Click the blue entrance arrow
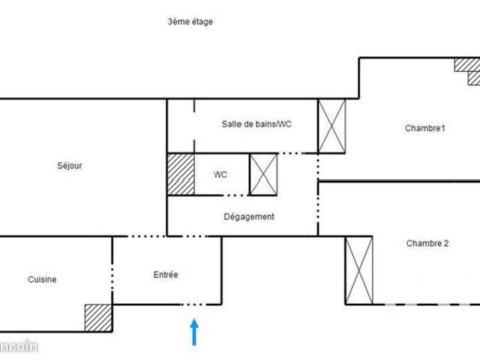pos(194,332)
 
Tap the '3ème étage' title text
pos(190,22)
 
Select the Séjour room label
pos(69,166)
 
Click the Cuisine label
pos(42,280)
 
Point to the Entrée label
pos(165,275)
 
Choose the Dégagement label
pos(249,217)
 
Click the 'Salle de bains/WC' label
pos(256,124)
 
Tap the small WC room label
pos(220,175)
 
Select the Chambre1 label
pos(425,128)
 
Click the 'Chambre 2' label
pos(427,243)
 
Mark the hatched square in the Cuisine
pos(97,317)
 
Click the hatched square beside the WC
pos(180,174)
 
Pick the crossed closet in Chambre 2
pos(358,270)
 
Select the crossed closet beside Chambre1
pos(331,126)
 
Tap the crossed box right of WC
pos(262,174)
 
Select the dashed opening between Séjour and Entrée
pos(166,236)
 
